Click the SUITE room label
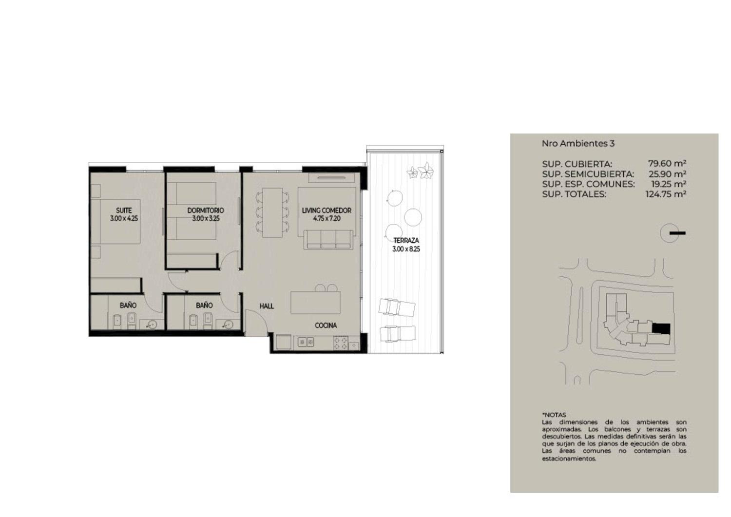click(x=124, y=210)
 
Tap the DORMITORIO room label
click(x=206, y=210)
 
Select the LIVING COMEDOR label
click(x=327, y=210)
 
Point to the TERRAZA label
click(x=406, y=241)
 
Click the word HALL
click(x=267, y=306)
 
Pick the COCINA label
click(x=326, y=326)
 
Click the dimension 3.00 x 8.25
click(x=406, y=249)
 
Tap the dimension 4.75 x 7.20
click(x=327, y=218)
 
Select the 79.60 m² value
click(x=667, y=163)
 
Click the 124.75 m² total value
click(x=666, y=194)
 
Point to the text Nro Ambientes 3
click(x=578, y=143)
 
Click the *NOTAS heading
click(x=554, y=415)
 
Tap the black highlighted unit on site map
click(x=661, y=328)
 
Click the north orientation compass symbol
click(x=672, y=233)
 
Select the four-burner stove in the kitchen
click(x=340, y=343)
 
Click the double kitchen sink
click(x=306, y=342)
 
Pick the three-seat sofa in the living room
click(x=328, y=240)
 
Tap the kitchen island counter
click(x=315, y=303)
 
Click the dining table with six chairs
click(x=272, y=212)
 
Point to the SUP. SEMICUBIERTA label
click(x=588, y=173)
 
